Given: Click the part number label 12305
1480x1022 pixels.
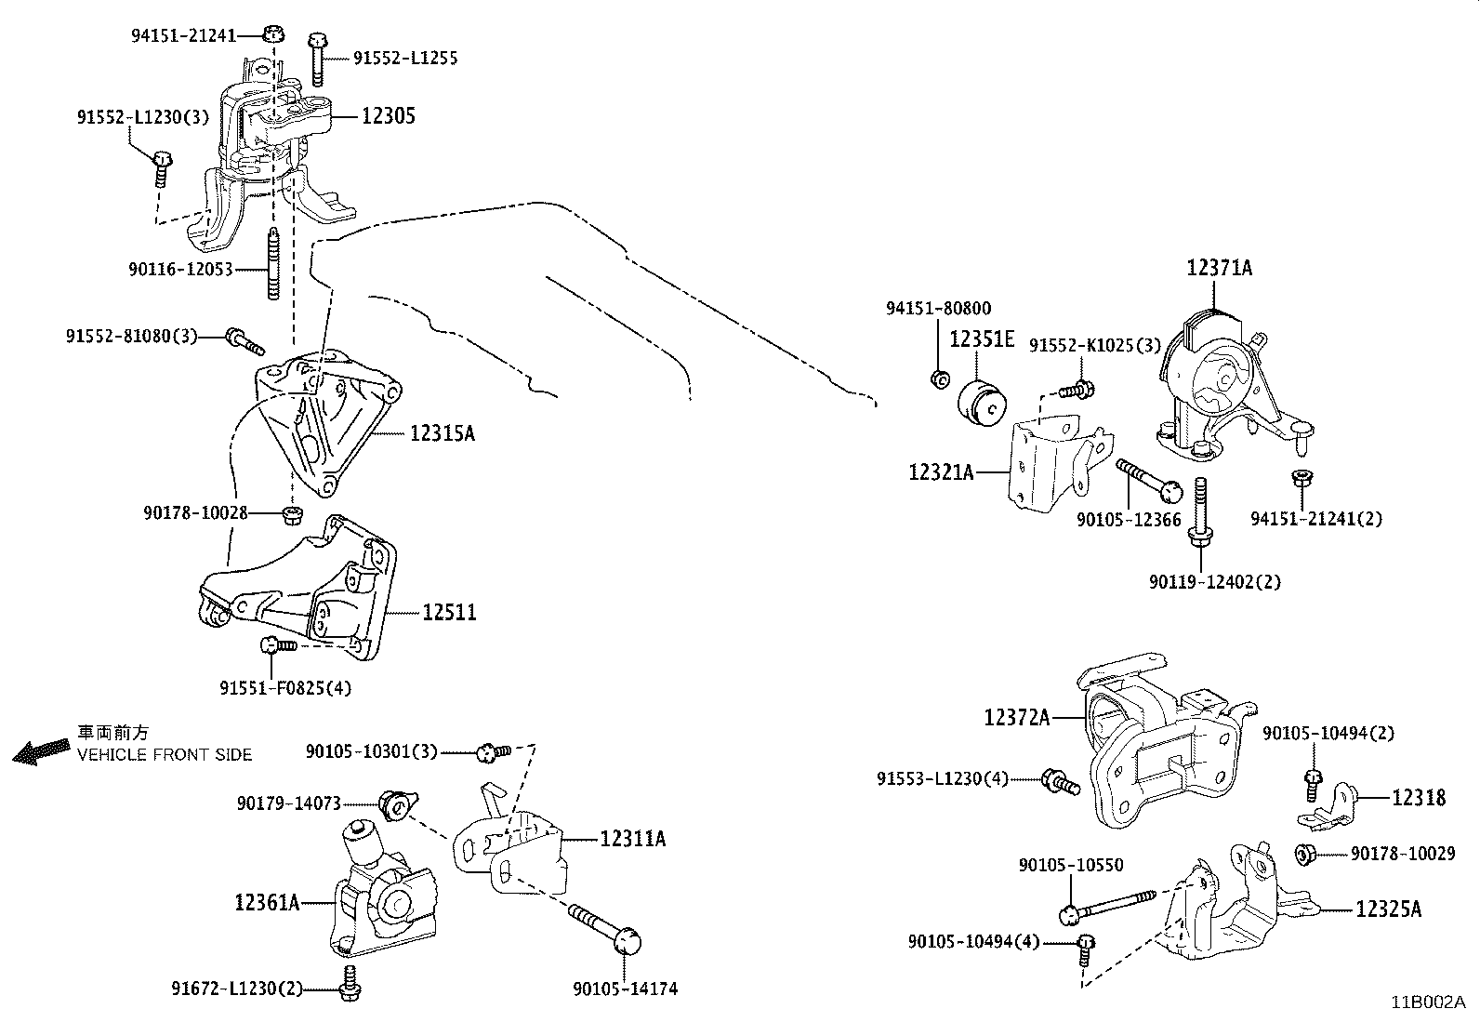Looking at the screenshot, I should pos(388,116).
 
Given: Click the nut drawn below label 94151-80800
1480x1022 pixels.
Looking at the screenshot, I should pos(939,378).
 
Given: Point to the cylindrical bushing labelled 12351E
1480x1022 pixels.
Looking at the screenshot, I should pos(983,407).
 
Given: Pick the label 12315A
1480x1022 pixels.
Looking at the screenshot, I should pos(442,433).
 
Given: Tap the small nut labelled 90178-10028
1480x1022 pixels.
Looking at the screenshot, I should pos(292,512).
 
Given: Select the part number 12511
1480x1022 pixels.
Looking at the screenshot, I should pos(449,613).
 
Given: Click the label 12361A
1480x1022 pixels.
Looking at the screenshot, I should pos(267,902).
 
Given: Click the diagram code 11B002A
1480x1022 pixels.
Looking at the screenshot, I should pos(1427,1002).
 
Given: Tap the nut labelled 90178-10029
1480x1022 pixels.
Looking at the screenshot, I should pos(1303,853).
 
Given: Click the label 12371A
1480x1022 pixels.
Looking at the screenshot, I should pos(1219,269).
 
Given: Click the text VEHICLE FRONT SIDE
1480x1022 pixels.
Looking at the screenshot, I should pos(165,754).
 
